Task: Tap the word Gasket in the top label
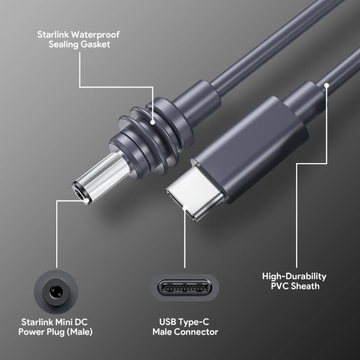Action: coord(96,45)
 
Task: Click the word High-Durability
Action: coord(294,276)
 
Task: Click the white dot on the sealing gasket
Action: coord(153,122)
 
